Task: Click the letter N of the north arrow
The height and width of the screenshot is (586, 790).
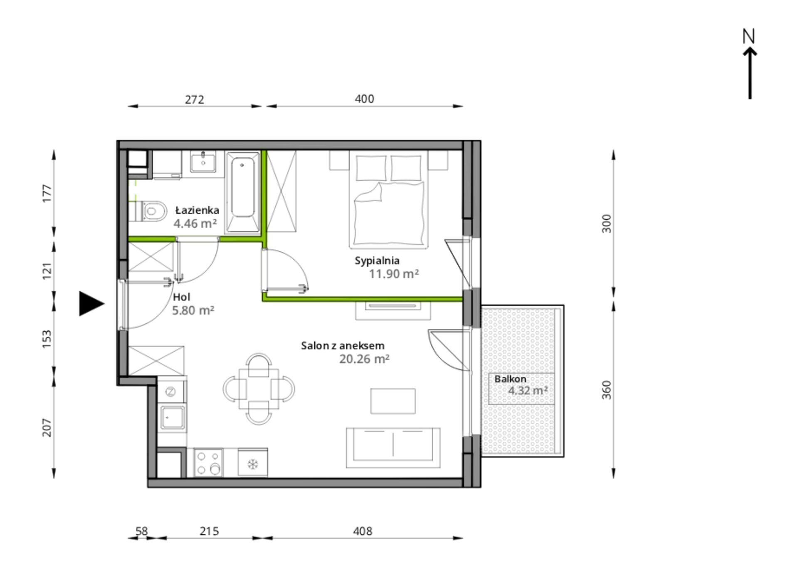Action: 748,36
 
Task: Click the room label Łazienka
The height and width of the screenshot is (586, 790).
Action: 197,210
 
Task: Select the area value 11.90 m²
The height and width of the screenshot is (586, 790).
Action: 393,274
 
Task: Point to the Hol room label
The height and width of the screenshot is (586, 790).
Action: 181,297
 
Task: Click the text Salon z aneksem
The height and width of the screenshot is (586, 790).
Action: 343,345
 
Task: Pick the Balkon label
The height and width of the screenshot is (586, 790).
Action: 510,379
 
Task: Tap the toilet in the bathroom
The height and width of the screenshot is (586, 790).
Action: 151,211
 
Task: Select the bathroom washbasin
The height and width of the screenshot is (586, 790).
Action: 203,161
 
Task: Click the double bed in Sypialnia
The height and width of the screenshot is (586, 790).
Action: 388,200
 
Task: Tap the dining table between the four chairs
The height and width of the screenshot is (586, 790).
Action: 259,388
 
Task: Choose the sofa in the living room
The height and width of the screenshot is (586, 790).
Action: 393,447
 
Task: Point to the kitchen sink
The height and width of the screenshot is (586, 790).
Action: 173,417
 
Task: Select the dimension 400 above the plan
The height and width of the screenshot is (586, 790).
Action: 364,99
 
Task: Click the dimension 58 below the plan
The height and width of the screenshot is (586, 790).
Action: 141,531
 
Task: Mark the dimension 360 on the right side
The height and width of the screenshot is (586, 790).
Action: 607,390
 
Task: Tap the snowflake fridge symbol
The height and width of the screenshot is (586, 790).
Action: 252,463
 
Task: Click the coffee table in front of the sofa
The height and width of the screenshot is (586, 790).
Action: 393,401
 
